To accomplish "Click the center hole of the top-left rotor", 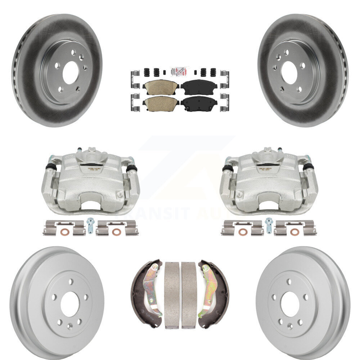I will click(x=70, y=72).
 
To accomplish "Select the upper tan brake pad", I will click(x=161, y=86).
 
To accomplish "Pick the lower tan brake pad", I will click(x=161, y=103).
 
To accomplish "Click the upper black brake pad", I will click(x=199, y=86).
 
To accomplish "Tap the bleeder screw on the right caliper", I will click(x=279, y=149).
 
